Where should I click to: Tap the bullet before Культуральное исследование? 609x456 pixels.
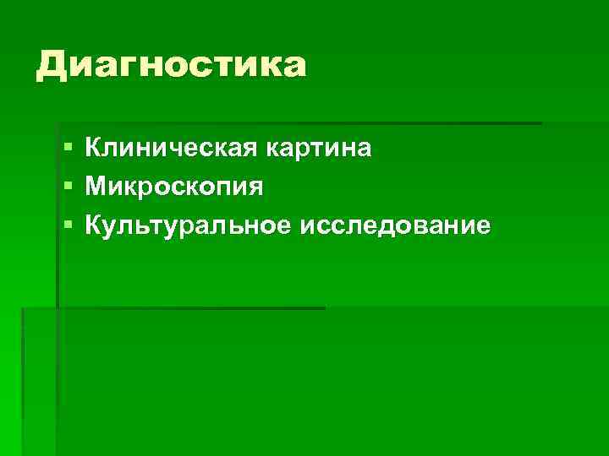(x=68, y=225)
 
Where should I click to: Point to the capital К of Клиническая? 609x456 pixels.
(x=93, y=149)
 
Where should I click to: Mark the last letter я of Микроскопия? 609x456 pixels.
(x=256, y=188)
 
